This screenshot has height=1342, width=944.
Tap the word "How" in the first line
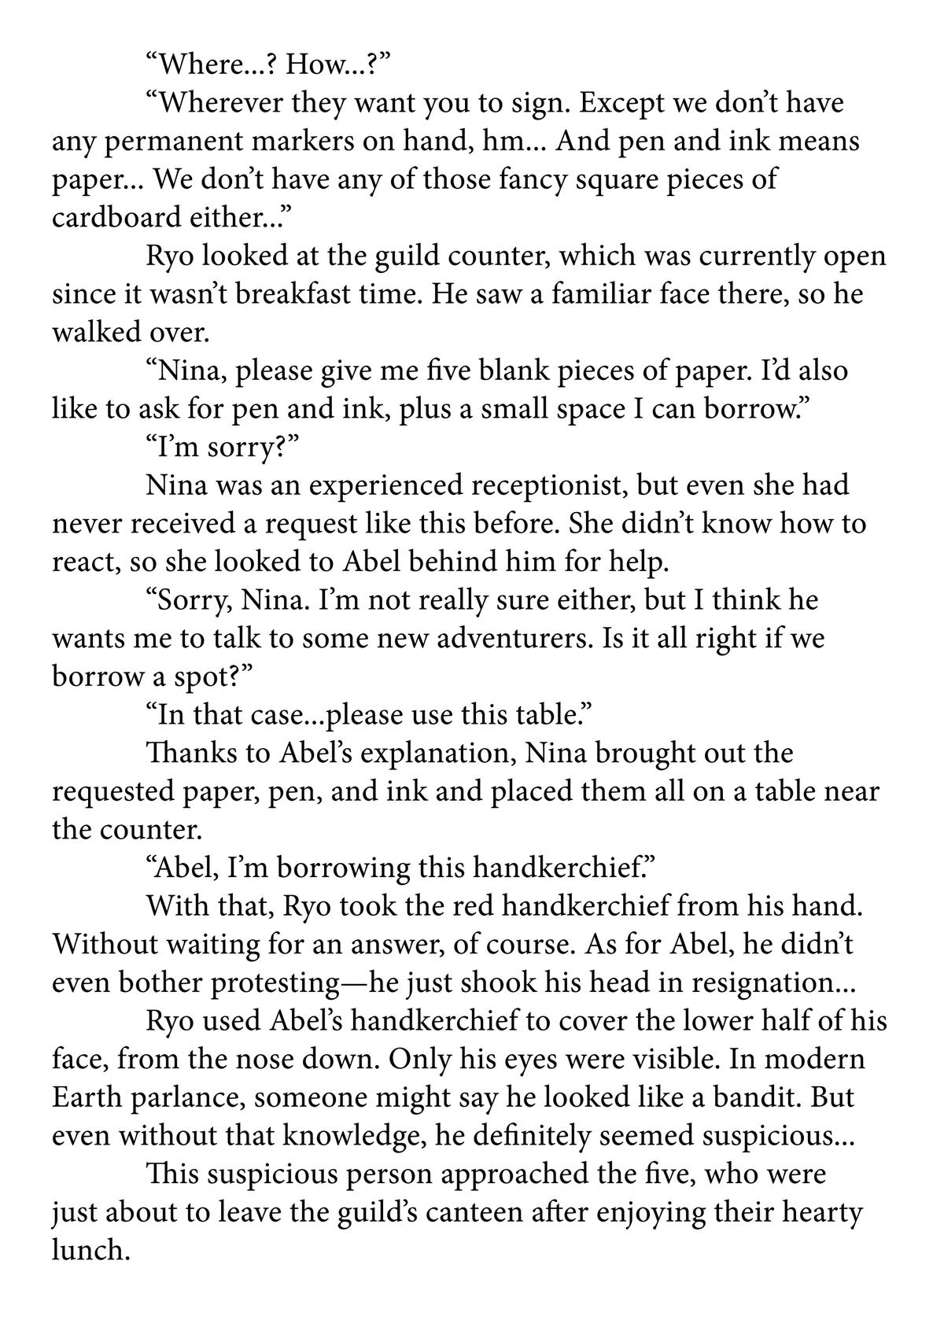[x=319, y=65]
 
